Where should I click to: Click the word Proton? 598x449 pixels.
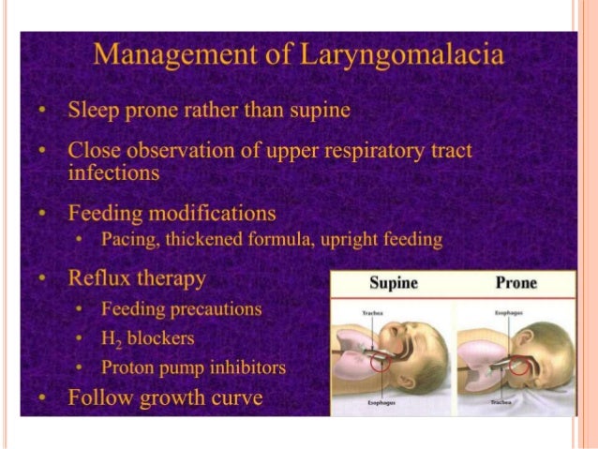pyautogui.click(x=128, y=367)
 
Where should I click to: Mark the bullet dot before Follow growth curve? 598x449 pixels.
pyautogui.click(x=43, y=398)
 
